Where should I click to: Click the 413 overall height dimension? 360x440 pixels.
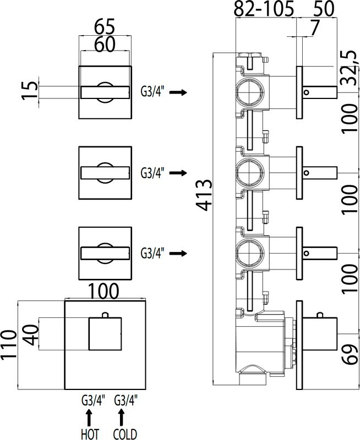(205, 195)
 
